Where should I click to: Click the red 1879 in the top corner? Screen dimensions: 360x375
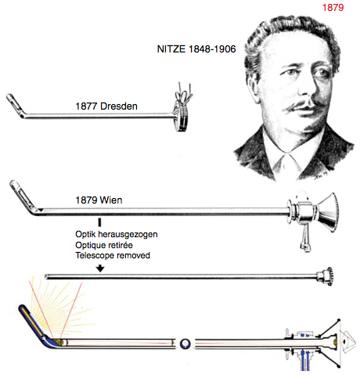[333, 7]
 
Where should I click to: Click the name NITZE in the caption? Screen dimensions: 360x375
[171, 49]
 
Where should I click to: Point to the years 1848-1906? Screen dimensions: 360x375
[212, 49]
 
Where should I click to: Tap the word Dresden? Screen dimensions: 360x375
[119, 106]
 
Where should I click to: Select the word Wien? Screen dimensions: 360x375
[111, 200]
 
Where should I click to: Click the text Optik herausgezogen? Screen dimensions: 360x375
[117, 234]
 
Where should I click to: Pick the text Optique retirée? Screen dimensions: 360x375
[104, 245]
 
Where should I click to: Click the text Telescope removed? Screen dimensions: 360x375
[113, 255]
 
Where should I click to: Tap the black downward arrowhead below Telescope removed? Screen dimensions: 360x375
[100, 269]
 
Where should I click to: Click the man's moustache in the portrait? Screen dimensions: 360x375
[303, 105]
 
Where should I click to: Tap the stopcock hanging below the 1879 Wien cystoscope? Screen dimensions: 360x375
[305, 239]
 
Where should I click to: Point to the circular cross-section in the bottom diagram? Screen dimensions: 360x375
[185, 344]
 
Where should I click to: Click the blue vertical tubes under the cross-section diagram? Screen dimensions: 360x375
[304, 359]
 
